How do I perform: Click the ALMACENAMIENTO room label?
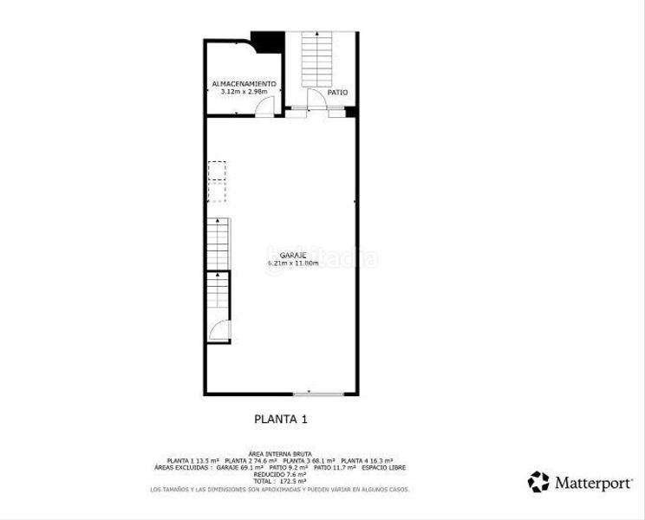[x=244, y=83]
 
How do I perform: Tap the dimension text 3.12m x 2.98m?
[x=244, y=91]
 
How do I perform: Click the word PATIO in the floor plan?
[x=338, y=91]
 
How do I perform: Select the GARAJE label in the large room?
[x=281, y=255]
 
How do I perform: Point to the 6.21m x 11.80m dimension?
[x=293, y=263]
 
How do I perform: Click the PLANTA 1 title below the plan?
[x=280, y=419]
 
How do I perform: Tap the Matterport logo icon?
[x=538, y=481]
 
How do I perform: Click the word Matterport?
[x=592, y=482]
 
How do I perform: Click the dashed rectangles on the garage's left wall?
[x=217, y=181]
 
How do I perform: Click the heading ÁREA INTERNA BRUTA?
[x=279, y=453]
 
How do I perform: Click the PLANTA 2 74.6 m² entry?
[x=251, y=460]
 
